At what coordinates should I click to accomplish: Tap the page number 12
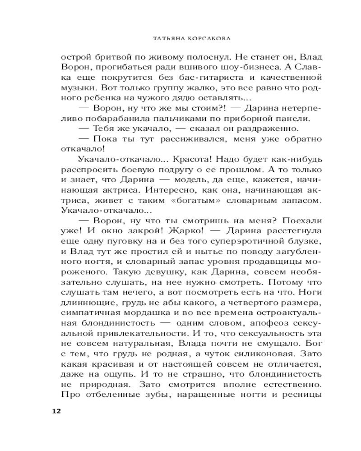[x=56, y=411]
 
